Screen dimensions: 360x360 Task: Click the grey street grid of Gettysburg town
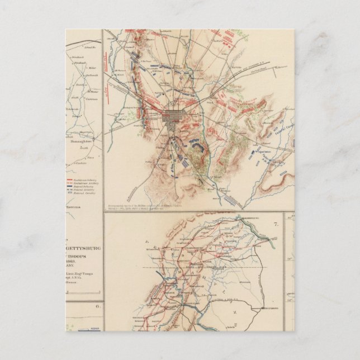[x=170, y=119]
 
